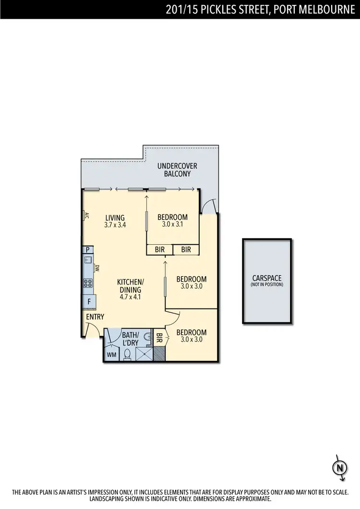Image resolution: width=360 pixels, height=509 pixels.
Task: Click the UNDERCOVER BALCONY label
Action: (177, 170)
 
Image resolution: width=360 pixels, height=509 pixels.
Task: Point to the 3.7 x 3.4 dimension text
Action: (115, 225)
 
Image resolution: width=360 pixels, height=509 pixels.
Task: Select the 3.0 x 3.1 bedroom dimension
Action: (172, 224)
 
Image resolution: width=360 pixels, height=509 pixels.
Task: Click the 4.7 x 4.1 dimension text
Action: (130, 296)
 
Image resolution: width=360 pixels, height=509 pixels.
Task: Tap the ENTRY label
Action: (95, 317)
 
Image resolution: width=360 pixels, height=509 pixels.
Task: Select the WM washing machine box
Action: (111, 355)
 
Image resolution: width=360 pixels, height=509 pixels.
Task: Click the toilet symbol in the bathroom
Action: (128, 354)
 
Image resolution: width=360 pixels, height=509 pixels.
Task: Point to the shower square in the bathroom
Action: (144, 354)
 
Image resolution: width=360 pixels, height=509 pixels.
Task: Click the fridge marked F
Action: (89, 301)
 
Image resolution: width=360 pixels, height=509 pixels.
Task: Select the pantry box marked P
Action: (88, 249)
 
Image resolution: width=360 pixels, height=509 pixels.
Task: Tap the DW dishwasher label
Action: (97, 269)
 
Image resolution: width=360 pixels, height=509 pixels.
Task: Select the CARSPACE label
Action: (266, 278)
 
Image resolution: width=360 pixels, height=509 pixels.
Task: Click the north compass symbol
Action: (339, 466)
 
